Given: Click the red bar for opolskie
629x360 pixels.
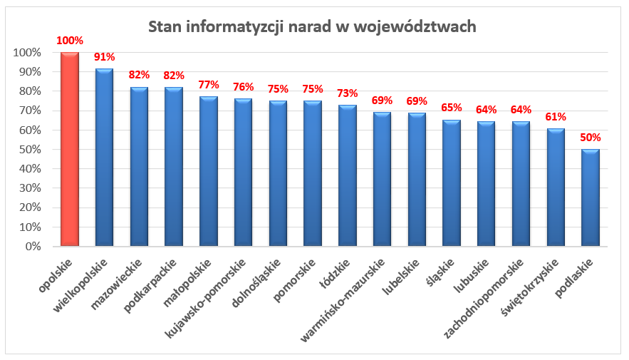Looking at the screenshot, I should [69, 150].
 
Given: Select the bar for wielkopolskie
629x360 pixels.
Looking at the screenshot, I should [104, 158].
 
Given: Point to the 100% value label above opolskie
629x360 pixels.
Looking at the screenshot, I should [69, 41].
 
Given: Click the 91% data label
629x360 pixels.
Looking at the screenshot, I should [104, 57].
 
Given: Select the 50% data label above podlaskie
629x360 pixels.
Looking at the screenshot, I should [590, 138].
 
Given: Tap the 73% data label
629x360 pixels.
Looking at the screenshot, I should [347, 93].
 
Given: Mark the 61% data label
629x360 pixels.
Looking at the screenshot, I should [556, 117].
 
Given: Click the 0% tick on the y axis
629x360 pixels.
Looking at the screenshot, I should [31, 247].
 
